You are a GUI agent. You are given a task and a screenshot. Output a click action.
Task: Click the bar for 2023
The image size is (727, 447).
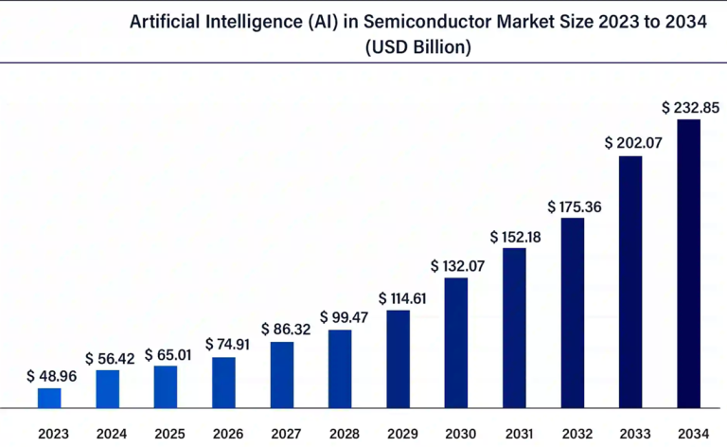coord(49,398)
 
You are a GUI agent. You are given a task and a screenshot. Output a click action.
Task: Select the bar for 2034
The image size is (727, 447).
coord(688,264)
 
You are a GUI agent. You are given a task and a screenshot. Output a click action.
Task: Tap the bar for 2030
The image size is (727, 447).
coord(456,343)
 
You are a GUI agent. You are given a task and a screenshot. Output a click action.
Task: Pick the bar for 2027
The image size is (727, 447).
coord(282,375)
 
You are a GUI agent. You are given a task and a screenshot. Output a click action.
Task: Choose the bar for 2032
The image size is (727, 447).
coord(573,313)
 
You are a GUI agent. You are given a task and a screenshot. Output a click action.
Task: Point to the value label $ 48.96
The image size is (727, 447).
coord(52,376)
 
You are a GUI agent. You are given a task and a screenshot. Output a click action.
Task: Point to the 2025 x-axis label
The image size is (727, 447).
coord(169,434)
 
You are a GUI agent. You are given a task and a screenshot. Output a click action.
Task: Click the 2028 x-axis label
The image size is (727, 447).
coord(344,434)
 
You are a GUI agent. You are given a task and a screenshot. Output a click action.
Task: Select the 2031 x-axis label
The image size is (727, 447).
coord(516,434)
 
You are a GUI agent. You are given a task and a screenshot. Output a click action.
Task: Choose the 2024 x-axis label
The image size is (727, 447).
coord(112,434)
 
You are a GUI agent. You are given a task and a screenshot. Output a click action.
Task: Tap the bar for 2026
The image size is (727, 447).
coord(224,383)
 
